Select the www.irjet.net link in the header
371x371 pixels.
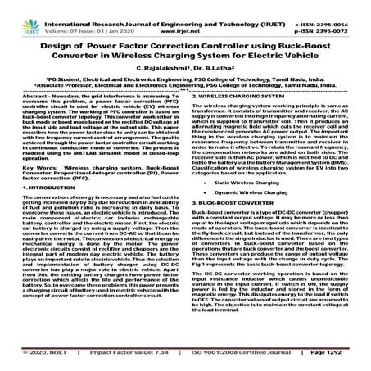click(x=187, y=14)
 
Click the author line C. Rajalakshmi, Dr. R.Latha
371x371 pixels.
click(x=185, y=71)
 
